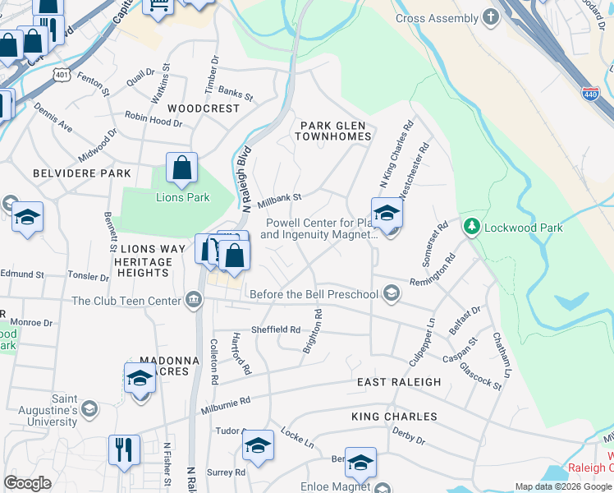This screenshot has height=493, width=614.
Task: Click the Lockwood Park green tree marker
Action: coord(472,226)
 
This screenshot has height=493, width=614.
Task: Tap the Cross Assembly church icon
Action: coord(491,17)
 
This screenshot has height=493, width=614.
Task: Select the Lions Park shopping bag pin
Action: coord(181,168)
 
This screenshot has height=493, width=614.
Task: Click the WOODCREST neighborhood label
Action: coord(204,108)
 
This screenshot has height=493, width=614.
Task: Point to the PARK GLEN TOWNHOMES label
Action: coord(336,131)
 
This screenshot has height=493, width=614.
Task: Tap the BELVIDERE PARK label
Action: coord(82,174)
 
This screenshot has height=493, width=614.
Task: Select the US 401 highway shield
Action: coord(39,74)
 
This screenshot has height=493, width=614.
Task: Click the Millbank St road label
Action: coord(280,199)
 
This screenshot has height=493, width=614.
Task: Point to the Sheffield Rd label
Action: coord(276,329)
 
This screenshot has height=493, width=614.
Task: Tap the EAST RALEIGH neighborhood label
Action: coord(399,382)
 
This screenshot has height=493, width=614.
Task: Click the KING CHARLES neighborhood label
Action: coord(394,417)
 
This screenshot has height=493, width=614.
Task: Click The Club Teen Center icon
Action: coord(194,300)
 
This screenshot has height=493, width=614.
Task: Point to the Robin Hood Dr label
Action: coord(153,120)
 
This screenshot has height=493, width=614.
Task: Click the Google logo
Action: coord(27,483)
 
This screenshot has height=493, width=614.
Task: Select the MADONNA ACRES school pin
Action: coord(140,379)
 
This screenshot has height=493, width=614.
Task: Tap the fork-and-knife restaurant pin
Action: coord(124,450)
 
